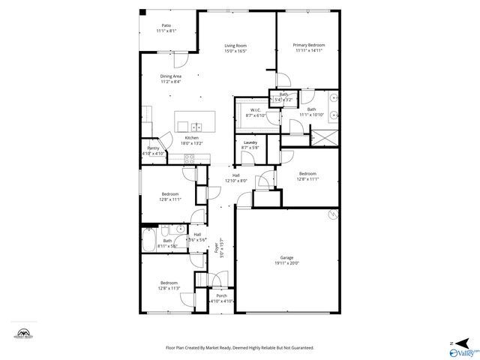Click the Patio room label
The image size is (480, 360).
[x=166, y=25]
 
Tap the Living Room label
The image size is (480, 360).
[x=236, y=46]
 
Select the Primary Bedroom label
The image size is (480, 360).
[x=309, y=46]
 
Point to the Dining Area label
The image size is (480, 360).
[x=170, y=76]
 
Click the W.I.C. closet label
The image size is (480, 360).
[x=255, y=109]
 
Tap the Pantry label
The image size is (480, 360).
[x=152, y=148]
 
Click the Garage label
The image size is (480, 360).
[x=286, y=257]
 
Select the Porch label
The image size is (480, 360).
[x=221, y=295]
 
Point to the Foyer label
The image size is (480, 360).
[x=217, y=248]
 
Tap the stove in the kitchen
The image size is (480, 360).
[x=190, y=158]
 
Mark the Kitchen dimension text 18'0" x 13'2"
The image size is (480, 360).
[x=192, y=143]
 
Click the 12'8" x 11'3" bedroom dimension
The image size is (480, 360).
[x=167, y=288]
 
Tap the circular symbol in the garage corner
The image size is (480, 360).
[x=332, y=215]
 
